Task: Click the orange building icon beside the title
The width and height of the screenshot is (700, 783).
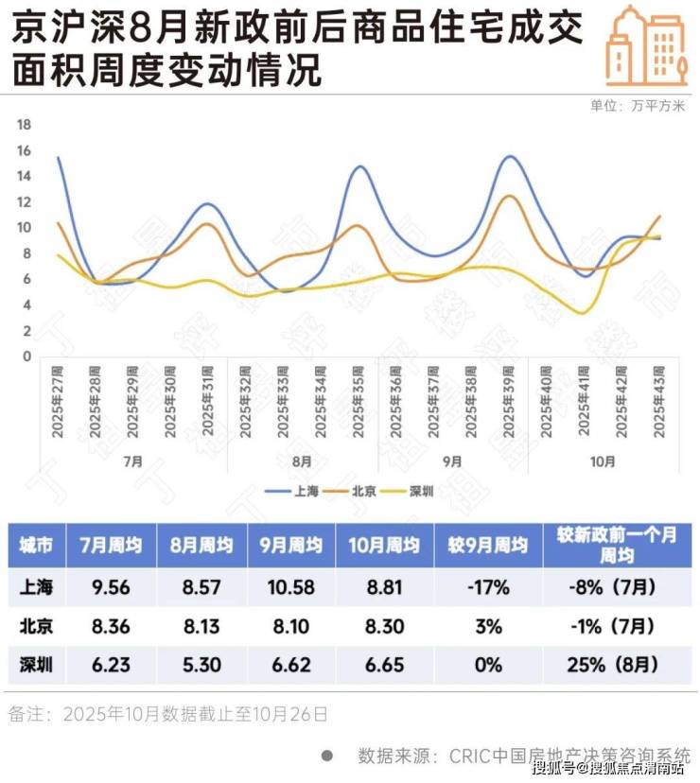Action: click(x=647, y=44)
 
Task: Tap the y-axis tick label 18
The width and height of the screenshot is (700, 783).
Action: click(x=26, y=125)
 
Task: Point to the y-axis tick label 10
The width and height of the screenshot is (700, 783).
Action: click(x=26, y=228)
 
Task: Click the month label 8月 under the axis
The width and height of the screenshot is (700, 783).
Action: click(x=303, y=461)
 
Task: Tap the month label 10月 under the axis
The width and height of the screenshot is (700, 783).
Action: click(x=603, y=461)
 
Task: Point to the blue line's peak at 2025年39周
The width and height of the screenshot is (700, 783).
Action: click(x=510, y=156)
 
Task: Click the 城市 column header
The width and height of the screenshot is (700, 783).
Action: click(x=37, y=546)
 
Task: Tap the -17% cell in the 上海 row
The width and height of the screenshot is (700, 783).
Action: click(x=488, y=587)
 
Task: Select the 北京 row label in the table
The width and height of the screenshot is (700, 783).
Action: click(x=37, y=626)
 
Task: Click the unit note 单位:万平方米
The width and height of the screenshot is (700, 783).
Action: click(x=637, y=105)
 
